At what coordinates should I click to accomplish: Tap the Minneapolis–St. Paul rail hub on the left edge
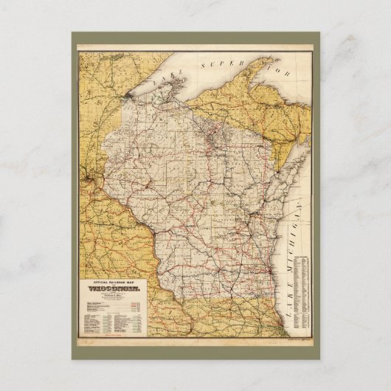88,181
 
